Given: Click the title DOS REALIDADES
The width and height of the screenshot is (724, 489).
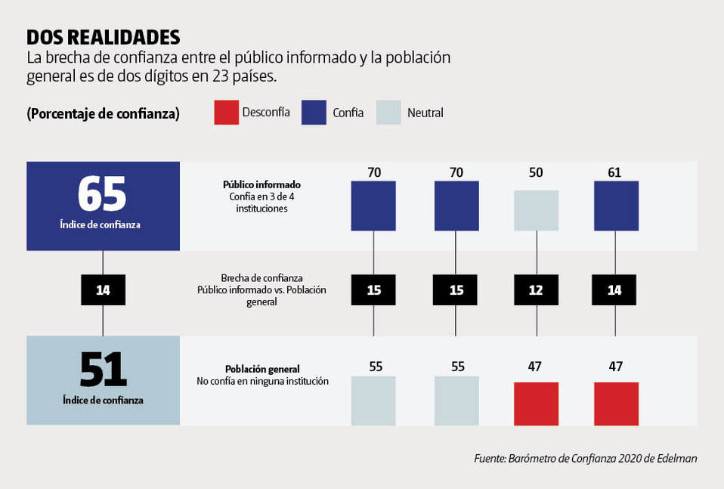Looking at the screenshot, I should click(x=104, y=37).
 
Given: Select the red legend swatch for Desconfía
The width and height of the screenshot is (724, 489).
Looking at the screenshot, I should click(x=227, y=113).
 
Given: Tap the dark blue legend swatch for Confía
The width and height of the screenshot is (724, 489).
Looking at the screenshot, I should click(x=314, y=113).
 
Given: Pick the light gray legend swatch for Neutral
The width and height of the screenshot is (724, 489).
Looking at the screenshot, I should click(x=388, y=113).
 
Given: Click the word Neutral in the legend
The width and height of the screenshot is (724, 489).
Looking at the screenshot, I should click(x=425, y=113).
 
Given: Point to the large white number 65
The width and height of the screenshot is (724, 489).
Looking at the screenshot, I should click(x=103, y=193).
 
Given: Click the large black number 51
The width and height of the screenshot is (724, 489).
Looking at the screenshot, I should click(x=103, y=370).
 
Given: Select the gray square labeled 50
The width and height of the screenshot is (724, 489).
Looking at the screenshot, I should click(x=537, y=210).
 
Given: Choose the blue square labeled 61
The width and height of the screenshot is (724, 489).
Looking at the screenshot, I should click(x=616, y=206).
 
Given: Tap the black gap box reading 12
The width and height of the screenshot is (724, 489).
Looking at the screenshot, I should click(x=537, y=290).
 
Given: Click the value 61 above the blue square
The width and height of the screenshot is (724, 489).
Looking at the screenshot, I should click(x=614, y=172).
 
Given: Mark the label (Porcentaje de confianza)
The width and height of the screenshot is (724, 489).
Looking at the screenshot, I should click(x=103, y=113).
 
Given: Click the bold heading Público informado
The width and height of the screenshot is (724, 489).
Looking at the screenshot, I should click(x=261, y=184).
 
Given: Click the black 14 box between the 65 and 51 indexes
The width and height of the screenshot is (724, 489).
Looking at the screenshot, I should click(x=103, y=290).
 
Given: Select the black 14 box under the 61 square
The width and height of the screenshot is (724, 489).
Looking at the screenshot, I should click(x=614, y=290).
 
